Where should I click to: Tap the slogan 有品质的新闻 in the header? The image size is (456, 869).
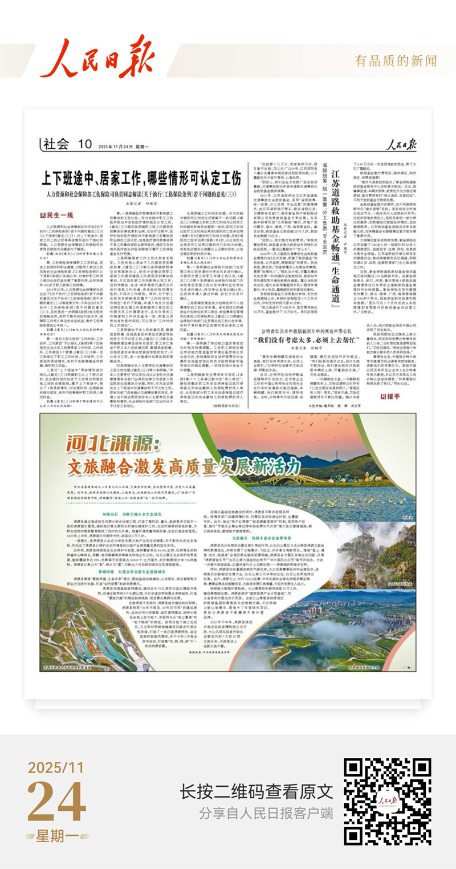pos(396,61)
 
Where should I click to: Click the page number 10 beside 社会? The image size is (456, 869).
pos(85,144)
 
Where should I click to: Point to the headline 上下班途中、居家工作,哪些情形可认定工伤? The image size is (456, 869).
pos(141,178)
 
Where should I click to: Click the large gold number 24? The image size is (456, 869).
pos(56,800)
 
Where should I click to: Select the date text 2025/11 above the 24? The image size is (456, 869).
pos(56,767)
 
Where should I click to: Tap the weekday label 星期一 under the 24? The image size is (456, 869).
pos(57,836)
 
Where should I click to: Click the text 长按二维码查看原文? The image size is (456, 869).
pos(256,791)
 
